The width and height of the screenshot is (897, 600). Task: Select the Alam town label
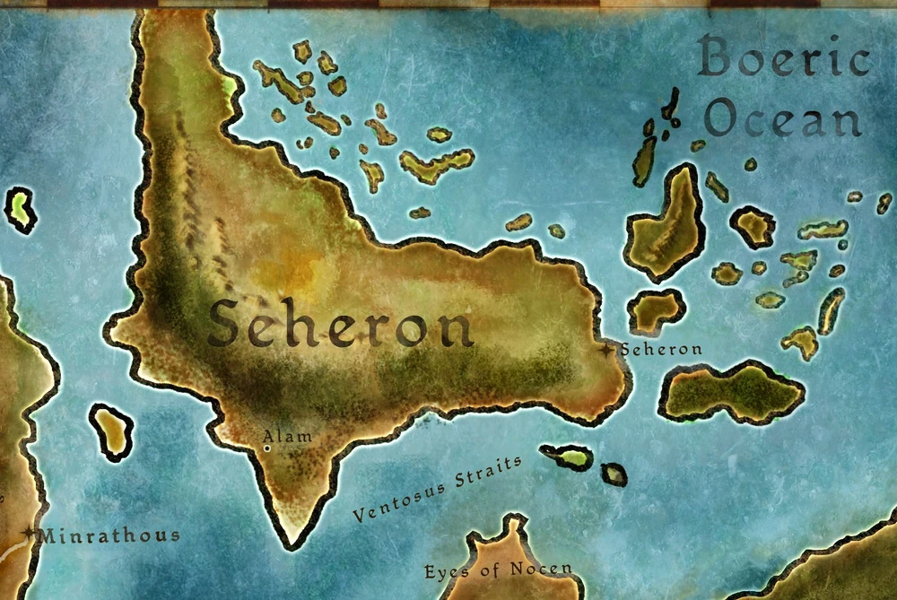287,436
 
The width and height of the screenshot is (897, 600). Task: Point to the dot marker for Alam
266,447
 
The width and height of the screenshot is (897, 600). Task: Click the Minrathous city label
110,535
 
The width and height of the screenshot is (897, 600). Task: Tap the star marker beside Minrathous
30,533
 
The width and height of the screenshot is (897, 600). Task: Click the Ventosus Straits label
437,489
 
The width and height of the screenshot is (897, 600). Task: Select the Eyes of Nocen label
498,570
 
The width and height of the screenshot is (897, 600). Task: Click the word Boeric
784,61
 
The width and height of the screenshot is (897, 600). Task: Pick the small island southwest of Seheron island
111,431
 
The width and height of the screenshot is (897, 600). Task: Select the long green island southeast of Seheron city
731,391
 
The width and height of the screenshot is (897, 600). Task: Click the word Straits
488,473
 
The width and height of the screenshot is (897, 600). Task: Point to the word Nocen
541,570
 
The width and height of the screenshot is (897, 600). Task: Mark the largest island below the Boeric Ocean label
666,224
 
